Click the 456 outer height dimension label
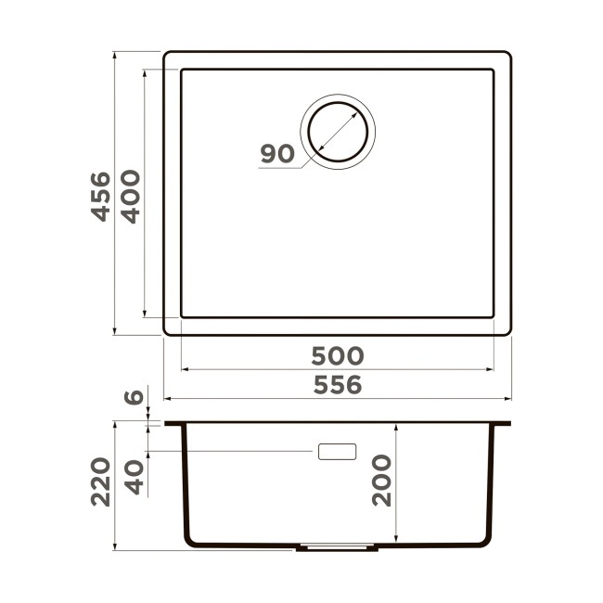[101, 197]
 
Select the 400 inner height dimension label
[131, 197]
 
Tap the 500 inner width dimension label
[338, 355]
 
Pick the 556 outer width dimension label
[338, 385]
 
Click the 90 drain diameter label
[277, 153]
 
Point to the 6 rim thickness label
[134, 396]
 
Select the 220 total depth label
[101, 481]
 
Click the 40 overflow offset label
[135, 477]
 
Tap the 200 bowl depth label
[381, 481]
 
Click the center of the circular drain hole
[338, 132]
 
